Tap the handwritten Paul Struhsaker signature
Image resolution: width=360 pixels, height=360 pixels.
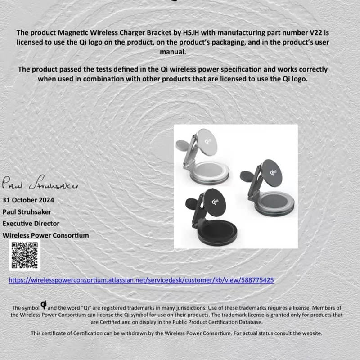tap(40, 182)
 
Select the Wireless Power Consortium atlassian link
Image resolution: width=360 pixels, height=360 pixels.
tap(141, 280)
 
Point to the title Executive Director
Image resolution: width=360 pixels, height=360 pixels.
tap(31, 223)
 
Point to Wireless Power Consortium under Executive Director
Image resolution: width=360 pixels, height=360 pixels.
tap(46, 235)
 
